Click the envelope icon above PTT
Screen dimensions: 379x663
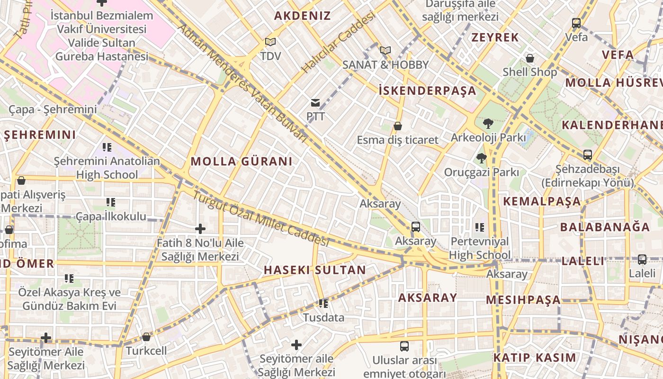point(315,103)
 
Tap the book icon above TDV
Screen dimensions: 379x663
point(270,42)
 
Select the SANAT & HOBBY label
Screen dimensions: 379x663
point(385,65)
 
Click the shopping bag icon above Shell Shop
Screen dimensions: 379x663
point(530,58)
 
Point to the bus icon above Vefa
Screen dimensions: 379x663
point(576,23)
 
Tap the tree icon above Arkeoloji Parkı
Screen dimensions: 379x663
point(488,124)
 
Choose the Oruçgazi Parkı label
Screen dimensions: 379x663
point(481,172)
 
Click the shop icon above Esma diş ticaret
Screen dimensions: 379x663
point(398,126)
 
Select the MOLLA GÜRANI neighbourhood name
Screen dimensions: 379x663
point(242,162)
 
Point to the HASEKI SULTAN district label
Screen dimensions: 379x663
point(314,270)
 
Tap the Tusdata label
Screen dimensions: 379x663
point(323,317)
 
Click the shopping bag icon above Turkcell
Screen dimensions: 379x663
point(146,337)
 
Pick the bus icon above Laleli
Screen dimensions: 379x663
point(642,260)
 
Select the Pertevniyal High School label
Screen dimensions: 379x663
point(480,248)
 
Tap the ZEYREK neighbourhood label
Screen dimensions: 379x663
point(495,37)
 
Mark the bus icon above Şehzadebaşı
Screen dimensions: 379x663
point(588,155)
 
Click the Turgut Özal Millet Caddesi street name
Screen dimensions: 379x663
point(260,217)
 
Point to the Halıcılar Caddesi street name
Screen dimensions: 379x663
point(338,42)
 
